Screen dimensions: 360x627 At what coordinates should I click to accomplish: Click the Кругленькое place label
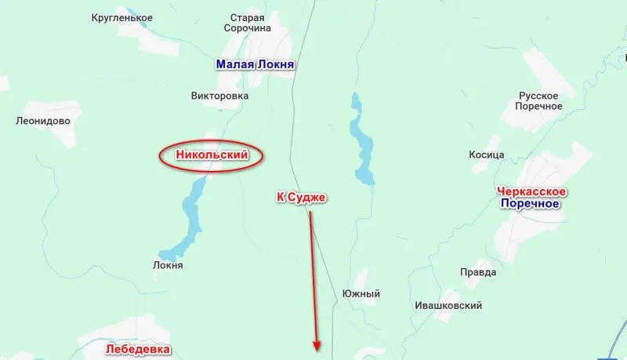pos(121,17)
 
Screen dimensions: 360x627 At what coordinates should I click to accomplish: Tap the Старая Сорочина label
pos(247,23)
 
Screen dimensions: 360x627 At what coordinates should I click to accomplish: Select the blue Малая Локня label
pos(256,64)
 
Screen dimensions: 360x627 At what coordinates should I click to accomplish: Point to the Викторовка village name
pos(219,96)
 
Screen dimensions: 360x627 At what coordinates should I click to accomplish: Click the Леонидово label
pos(43,121)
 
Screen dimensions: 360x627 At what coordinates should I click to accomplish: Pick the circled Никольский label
pos(212,155)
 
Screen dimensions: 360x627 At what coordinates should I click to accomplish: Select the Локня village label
pos(168,265)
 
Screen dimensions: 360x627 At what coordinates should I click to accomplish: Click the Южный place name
pos(361,293)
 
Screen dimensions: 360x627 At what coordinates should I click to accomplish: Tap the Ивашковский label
pos(448,306)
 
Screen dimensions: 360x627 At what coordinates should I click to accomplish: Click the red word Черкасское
pos(531,191)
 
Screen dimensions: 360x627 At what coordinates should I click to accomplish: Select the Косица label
pos(486,155)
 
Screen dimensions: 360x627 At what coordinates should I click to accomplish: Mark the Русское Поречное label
pos(540,100)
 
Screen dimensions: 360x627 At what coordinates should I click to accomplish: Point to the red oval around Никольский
pos(160,155)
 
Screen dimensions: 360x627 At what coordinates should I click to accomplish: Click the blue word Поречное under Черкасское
pos(530,204)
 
